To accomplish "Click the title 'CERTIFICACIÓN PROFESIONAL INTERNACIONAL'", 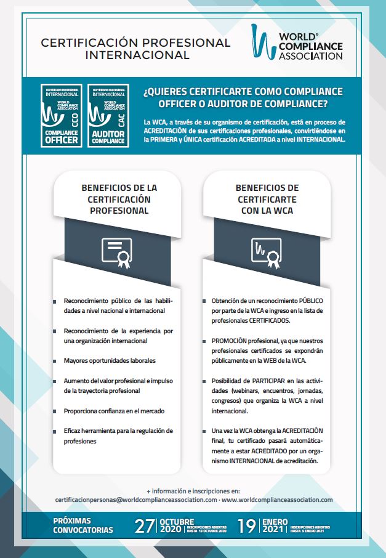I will pos(135,49).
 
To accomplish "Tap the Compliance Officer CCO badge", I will pos(62,116).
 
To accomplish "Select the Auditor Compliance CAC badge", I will pos(108,116).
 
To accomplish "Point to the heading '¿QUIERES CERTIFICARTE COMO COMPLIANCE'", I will pos(243,92).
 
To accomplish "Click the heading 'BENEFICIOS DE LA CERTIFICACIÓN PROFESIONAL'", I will pos(119,199).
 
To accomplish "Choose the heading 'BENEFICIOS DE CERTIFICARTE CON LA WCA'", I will pos(267,199).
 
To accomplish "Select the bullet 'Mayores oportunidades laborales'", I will pos(110,360).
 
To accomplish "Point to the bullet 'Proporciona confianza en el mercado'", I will pos(114,410).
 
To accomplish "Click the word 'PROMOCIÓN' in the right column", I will pos(230,341).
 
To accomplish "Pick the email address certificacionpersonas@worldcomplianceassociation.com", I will pos(135,500).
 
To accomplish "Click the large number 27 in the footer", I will pos(145,527).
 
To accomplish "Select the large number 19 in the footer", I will pos(247,527).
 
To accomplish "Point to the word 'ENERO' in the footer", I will pos(275,521).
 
